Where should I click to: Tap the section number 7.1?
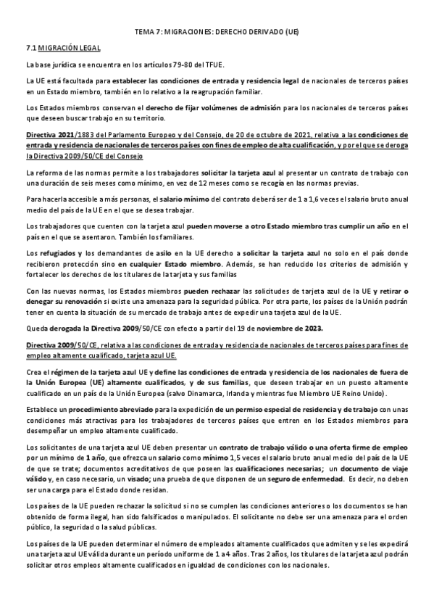pyautogui.click(x=30, y=47)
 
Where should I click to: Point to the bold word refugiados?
pyautogui.click(x=57, y=251)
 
